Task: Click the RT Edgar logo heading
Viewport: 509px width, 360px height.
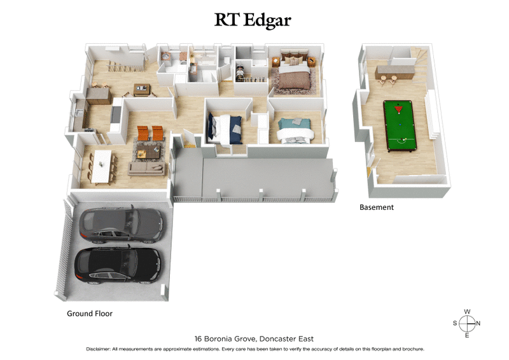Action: (x=253, y=20)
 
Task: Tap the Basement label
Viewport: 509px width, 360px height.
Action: (x=377, y=207)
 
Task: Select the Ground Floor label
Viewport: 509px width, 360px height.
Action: (x=90, y=314)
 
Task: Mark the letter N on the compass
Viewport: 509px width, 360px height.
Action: (x=478, y=323)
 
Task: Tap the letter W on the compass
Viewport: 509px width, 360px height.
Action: (x=467, y=312)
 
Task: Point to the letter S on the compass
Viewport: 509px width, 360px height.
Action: (x=456, y=323)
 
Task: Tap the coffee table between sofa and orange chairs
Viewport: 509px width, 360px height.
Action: (x=150, y=151)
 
